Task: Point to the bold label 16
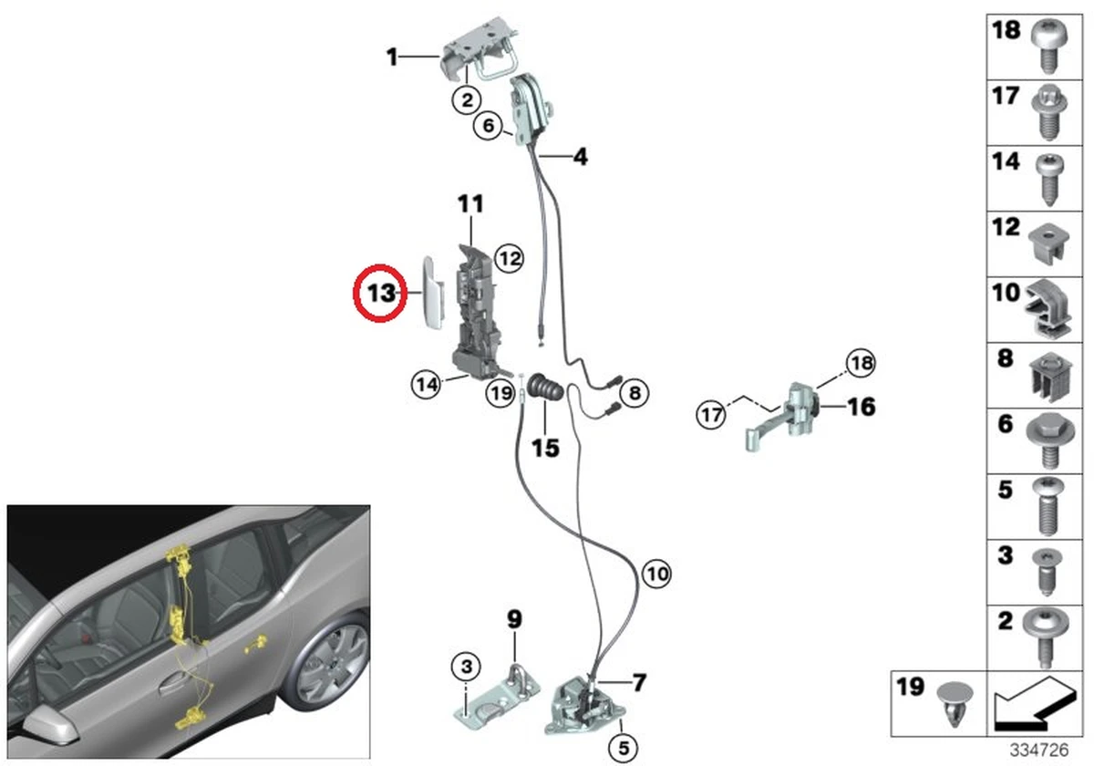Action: click(861, 406)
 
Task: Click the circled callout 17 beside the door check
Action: click(711, 415)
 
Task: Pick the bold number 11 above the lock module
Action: click(470, 203)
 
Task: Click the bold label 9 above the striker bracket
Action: click(514, 620)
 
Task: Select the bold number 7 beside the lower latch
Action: click(638, 681)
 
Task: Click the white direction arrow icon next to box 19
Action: click(1035, 703)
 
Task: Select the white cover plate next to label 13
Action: click(431, 292)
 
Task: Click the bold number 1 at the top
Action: click(392, 58)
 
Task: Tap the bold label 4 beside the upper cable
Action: click(580, 158)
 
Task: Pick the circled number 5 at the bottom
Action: click(622, 749)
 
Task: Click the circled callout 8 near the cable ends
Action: click(634, 393)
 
